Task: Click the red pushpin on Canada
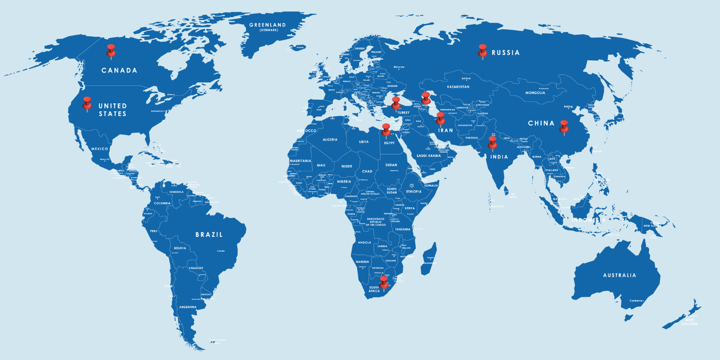pyautogui.click(x=111, y=50)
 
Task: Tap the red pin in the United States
pyautogui.click(x=87, y=102)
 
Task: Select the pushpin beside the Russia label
pyautogui.click(x=482, y=50)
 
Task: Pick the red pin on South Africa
pyautogui.click(x=384, y=282)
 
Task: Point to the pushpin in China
pyautogui.click(x=564, y=126)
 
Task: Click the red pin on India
pyautogui.click(x=493, y=142)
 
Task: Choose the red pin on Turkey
pyautogui.click(x=396, y=102)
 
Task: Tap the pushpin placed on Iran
pyautogui.click(x=440, y=118)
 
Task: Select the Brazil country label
pyautogui.click(x=209, y=235)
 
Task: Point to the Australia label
pyautogui.click(x=620, y=275)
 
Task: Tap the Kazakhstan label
pyautogui.click(x=458, y=87)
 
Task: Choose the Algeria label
pyautogui.click(x=330, y=139)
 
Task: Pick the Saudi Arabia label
pyautogui.click(x=428, y=155)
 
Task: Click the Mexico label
pyautogui.click(x=100, y=149)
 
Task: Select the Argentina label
pyautogui.click(x=188, y=307)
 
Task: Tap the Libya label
pyautogui.click(x=364, y=141)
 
